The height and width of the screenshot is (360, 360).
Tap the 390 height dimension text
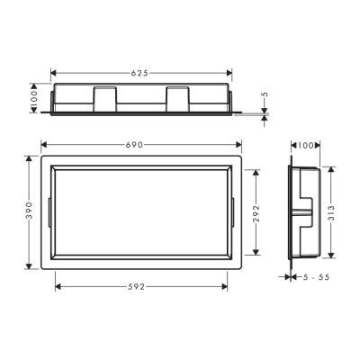click(29, 212)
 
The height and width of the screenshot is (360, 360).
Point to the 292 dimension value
click(256, 212)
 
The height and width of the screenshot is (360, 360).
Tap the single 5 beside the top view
click(265, 94)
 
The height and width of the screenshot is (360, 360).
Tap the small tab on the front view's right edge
click(237, 212)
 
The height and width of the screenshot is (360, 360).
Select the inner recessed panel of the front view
click(139, 213)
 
